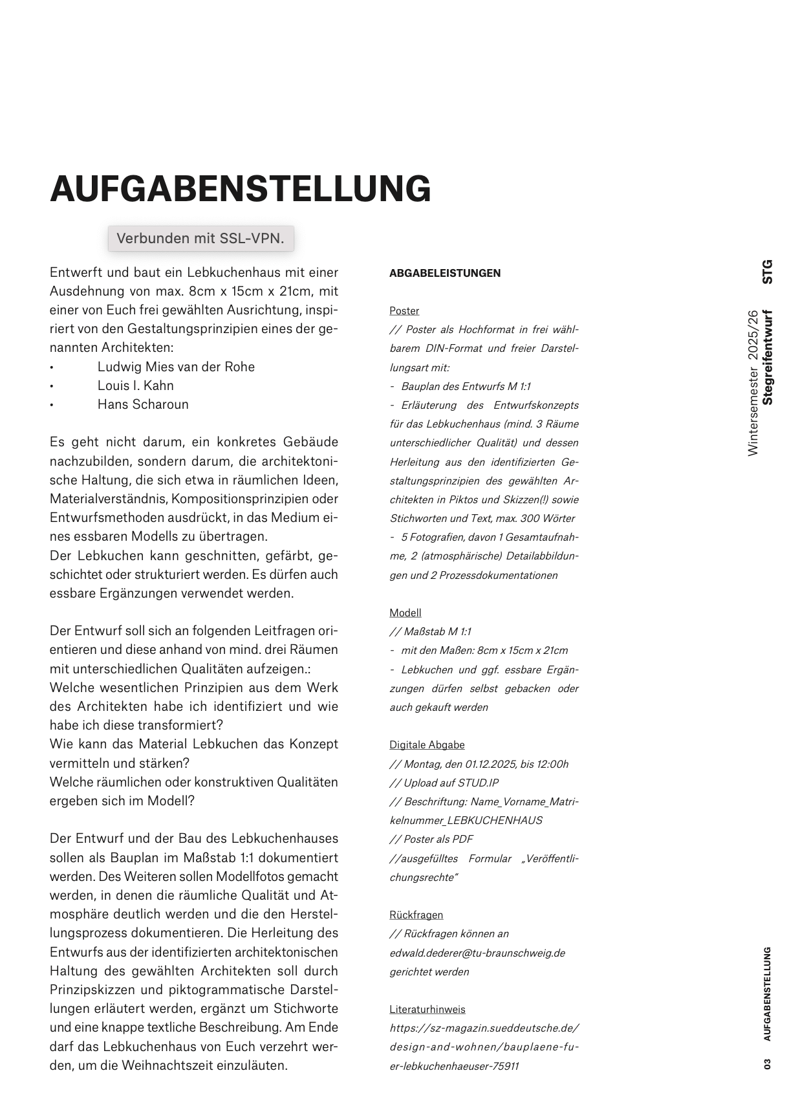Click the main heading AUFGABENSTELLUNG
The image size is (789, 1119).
pyautogui.click(x=240, y=189)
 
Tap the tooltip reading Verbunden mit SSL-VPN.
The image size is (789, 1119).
pyautogui.click(x=200, y=238)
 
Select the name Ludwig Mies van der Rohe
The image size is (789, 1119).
pyautogui.click(x=176, y=367)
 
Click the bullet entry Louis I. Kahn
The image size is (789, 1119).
pyautogui.click(x=135, y=386)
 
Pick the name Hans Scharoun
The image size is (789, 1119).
pyautogui.click(x=143, y=404)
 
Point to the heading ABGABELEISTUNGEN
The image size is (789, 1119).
pyautogui.click(x=445, y=273)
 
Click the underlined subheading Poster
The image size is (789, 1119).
pyautogui.click(x=404, y=310)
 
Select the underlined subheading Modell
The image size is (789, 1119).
pyautogui.click(x=405, y=613)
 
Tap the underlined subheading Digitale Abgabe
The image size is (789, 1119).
pyautogui.click(x=427, y=744)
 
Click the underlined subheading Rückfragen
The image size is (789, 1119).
pyautogui.click(x=416, y=915)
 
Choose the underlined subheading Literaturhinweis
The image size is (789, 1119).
pyautogui.click(x=427, y=1009)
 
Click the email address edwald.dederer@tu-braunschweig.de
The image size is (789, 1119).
pyautogui.click(x=477, y=953)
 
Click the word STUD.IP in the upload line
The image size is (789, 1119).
pyautogui.click(x=478, y=783)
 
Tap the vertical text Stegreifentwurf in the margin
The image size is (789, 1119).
pyautogui.click(x=768, y=357)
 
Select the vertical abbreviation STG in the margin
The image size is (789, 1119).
pyautogui.click(x=768, y=272)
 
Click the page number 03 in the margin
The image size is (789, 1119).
pyautogui.click(x=768, y=1063)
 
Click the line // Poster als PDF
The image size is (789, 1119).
pyautogui.click(x=431, y=839)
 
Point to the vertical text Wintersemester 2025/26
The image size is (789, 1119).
pyautogui.click(x=752, y=383)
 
